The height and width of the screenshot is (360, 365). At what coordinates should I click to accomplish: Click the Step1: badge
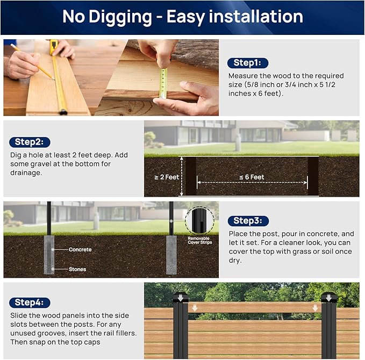pyautogui.click(x=247, y=63)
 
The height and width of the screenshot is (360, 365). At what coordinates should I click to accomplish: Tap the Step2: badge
pyautogui.click(x=30, y=142)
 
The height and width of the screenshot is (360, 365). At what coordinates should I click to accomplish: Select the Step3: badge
pyautogui.click(x=248, y=221)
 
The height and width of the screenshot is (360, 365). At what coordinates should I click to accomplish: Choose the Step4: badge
pyautogui.click(x=30, y=302)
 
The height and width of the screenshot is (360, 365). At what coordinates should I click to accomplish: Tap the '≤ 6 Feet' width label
pyautogui.click(x=251, y=177)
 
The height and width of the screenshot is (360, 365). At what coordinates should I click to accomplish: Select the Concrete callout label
pyautogui.click(x=80, y=249)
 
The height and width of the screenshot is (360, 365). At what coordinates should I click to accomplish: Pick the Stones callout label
pyautogui.click(x=77, y=269)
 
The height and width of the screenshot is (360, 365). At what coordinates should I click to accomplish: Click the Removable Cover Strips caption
pyautogui.click(x=199, y=240)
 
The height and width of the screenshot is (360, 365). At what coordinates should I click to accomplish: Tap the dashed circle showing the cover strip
pyautogui.click(x=199, y=220)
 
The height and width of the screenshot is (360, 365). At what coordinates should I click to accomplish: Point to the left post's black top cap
pyautogui.click(x=180, y=298)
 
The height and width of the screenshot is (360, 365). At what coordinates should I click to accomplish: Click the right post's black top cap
pyautogui.click(x=328, y=298)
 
